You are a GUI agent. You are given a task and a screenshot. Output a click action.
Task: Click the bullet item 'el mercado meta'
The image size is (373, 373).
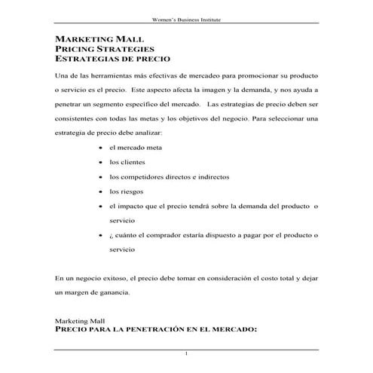coord(135,148)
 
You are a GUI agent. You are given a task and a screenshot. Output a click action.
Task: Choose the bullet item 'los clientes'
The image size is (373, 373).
coord(127,162)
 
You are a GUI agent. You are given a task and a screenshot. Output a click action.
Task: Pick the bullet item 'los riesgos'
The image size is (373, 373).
coord(126,191)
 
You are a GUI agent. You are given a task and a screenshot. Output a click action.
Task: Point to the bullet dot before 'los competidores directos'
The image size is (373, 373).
coord(101,176)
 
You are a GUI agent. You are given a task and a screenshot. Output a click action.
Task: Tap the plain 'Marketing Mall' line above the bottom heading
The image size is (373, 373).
coord(81,320)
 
